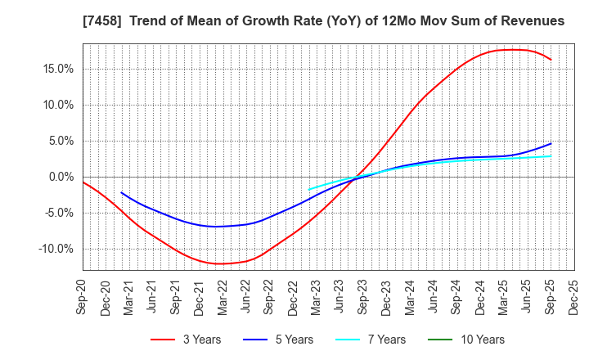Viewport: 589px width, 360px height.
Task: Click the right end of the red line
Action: pyautogui.click(x=551, y=60)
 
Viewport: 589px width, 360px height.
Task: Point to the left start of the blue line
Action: pyautogui.click(x=121, y=192)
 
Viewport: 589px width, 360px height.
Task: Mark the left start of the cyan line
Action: pyautogui.click(x=308, y=190)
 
